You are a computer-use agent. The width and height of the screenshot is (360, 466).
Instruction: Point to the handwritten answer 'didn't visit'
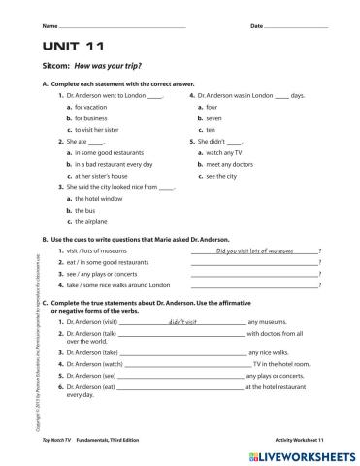[182, 320]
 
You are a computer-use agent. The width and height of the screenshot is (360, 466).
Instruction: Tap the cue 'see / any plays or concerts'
[97, 274]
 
